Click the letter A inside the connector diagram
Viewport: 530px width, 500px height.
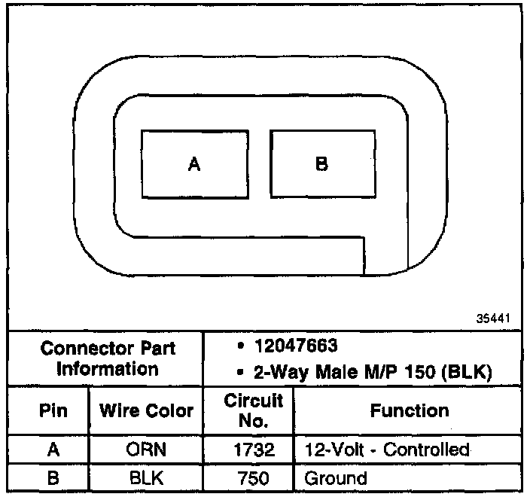click(x=194, y=165)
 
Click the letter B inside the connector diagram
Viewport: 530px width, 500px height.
click(x=321, y=164)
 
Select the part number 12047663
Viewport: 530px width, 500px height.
click(x=296, y=349)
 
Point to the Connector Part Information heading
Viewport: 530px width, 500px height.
click(x=108, y=359)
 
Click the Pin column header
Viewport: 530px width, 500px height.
click(x=53, y=411)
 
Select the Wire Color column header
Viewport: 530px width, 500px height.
click(x=147, y=411)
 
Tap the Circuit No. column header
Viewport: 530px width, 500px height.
click(x=253, y=411)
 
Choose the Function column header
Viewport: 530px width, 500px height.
click(x=410, y=410)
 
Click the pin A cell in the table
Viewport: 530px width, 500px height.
click(x=53, y=450)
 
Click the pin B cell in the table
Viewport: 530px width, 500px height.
click(x=53, y=477)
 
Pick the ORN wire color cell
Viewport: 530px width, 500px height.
click(x=147, y=450)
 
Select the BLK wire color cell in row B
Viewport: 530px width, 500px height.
click(x=147, y=477)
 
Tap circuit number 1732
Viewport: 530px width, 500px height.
click(x=253, y=450)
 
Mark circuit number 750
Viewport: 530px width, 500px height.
click(x=253, y=477)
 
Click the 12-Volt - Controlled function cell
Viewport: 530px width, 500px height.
click(x=387, y=450)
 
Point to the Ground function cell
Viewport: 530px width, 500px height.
click(x=335, y=477)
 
